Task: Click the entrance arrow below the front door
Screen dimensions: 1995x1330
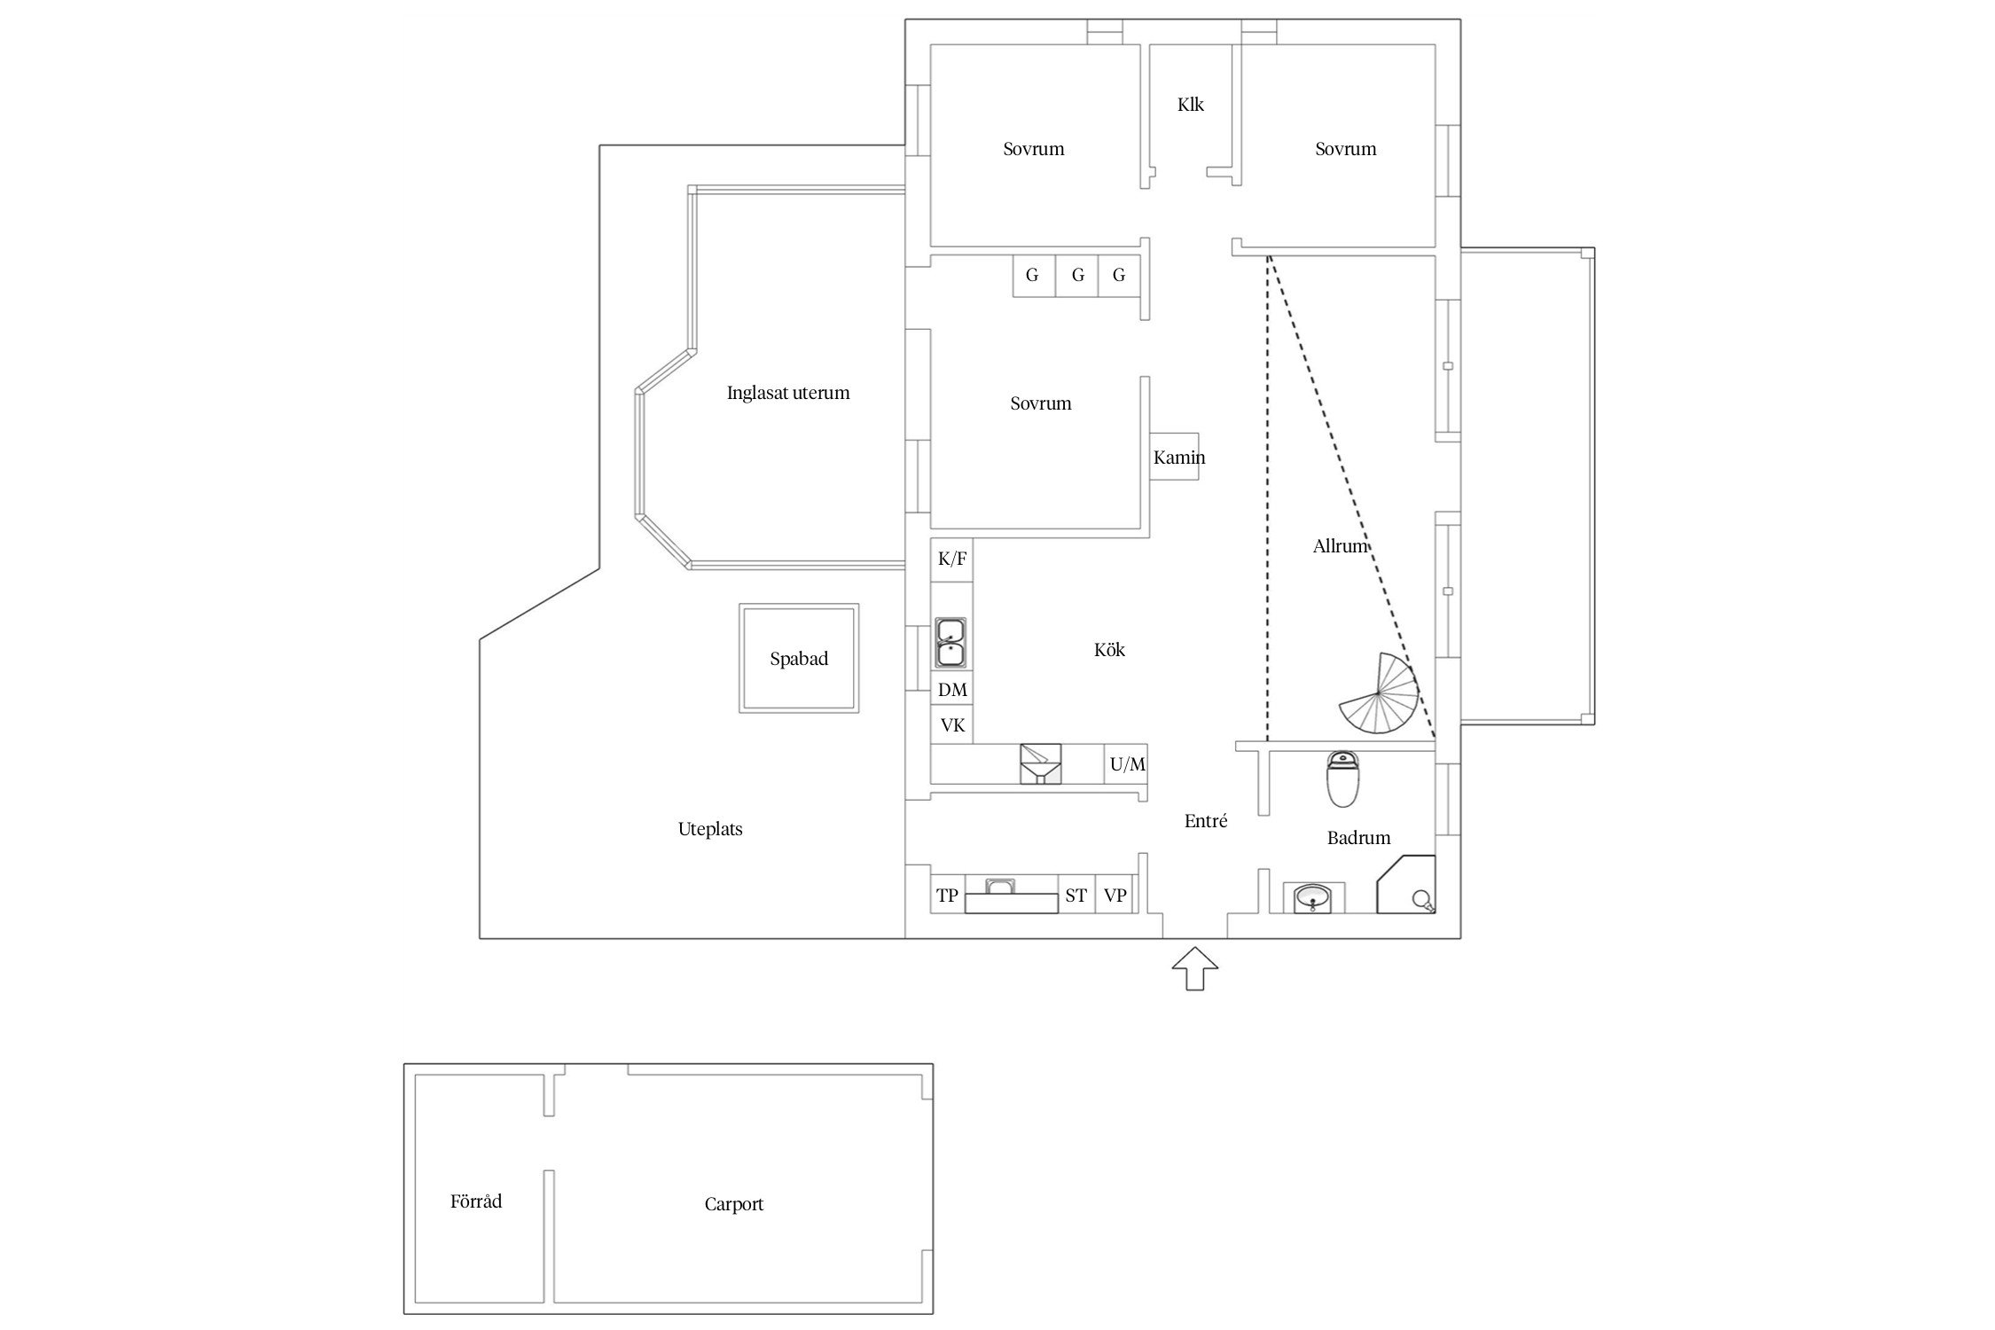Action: click(x=1194, y=968)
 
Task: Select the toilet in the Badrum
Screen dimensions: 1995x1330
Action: click(x=1342, y=779)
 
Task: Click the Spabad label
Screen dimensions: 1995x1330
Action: click(x=799, y=659)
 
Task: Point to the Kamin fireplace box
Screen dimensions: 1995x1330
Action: click(x=1175, y=457)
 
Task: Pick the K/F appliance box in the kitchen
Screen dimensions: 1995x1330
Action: click(x=952, y=559)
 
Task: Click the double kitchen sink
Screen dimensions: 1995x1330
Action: click(x=951, y=643)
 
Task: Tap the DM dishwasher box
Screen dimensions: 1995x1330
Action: click(x=952, y=690)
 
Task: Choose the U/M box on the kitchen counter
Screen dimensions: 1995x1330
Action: click(x=1127, y=763)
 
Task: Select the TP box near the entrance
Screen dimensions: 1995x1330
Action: click(x=948, y=895)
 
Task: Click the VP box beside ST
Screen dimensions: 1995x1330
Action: click(x=1115, y=895)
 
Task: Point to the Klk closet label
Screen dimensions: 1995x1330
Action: click(x=1191, y=105)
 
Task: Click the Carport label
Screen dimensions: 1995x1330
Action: click(x=734, y=1204)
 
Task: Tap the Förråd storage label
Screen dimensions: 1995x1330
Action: click(x=476, y=1201)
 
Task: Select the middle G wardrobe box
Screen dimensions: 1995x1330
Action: click(x=1077, y=276)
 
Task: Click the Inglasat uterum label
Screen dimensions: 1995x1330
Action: click(x=788, y=393)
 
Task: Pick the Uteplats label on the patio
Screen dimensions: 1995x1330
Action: click(x=710, y=830)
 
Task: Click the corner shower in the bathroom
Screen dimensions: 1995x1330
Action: click(x=1406, y=884)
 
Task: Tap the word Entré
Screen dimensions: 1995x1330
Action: click(x=1206, y=821)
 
